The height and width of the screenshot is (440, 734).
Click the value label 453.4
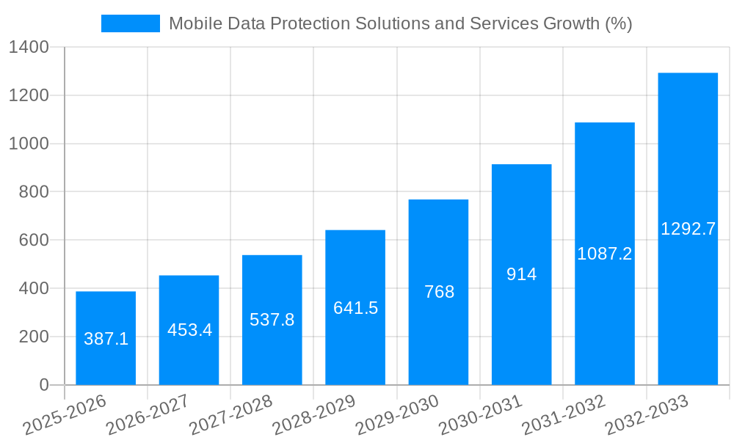coord(189,330)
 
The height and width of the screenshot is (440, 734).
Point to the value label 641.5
coord(355,308)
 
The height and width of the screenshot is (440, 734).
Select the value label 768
coord(439,292)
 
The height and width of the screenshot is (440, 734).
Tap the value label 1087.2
coord(604,254)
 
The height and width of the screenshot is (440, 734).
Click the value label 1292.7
coord(688,229)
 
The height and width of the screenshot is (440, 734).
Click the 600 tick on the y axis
coord(34,241)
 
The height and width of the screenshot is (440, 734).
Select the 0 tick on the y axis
coord(43,385)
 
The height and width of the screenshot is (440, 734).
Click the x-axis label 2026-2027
coord(148,415)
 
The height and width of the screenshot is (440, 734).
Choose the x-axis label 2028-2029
coord(313,415)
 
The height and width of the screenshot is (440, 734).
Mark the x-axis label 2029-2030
coord(396,415)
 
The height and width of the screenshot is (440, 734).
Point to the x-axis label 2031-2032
coord(563,415)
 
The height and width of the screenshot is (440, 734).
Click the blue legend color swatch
coord(130,23)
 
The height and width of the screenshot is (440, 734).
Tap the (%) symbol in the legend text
coord(618,23)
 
